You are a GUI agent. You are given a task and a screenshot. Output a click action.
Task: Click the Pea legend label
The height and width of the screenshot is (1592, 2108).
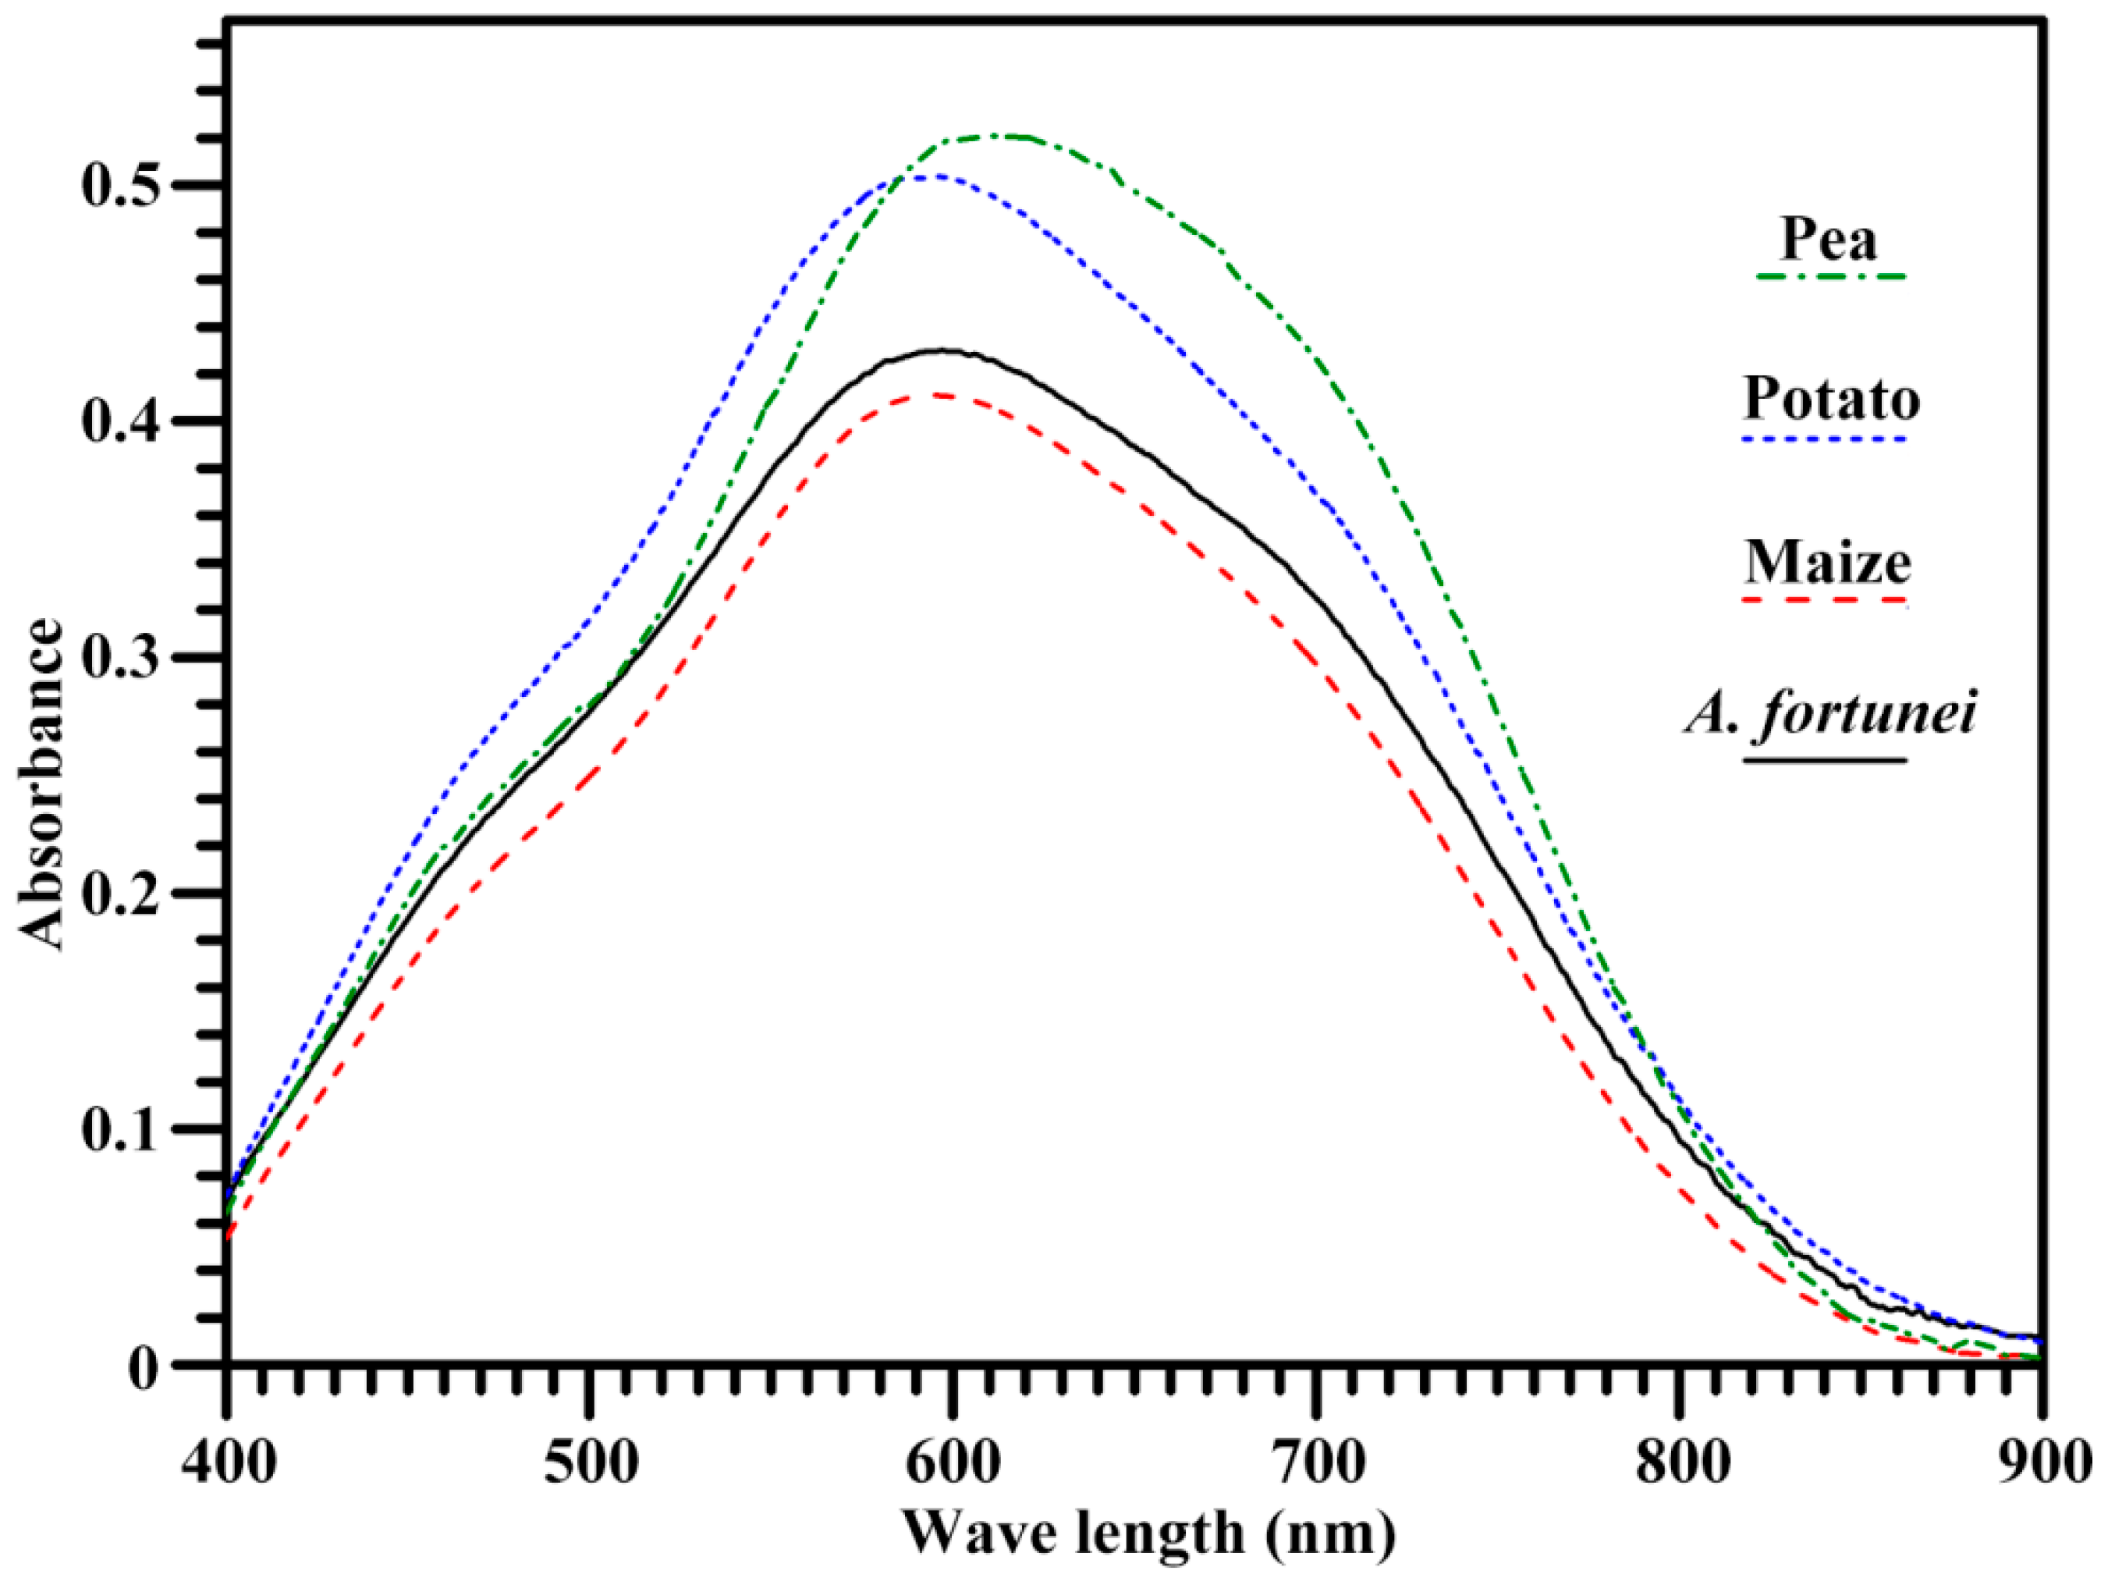(x=1829, y=240)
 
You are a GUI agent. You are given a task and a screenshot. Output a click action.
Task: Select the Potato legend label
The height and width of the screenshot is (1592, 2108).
(x=1831, y=399)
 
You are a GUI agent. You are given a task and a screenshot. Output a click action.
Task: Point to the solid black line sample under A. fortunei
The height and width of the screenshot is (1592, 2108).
(x=1825, y=761)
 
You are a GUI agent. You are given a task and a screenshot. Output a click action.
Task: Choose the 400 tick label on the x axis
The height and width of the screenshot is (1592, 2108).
(x=229, y=1463)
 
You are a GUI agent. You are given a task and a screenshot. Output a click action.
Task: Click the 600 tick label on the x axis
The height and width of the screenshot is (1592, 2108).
(x=951, y=1463)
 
